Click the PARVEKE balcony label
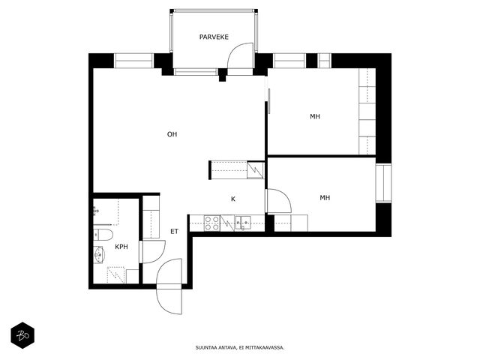pos(214,37)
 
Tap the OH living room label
pos(172,134)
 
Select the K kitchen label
pos(233,199)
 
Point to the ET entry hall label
pos(174,232)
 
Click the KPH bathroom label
pos(121,247)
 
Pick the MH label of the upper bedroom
pos(315,117)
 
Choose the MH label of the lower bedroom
pos(325,198)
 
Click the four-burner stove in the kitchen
pos(211,223)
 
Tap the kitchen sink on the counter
pos(243,223)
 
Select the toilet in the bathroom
pos(103,235)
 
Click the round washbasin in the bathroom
pos(99,254)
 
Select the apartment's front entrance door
pos(169,286)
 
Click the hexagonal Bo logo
pos(22,335)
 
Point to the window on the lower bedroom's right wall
pos(383,183)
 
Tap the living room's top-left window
pos(133,61)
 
